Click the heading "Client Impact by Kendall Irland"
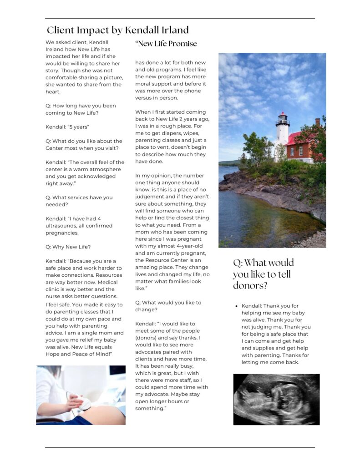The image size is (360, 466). pos(117,30)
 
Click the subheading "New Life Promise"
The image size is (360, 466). pos(166,44)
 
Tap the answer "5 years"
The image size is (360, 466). pos(67,127)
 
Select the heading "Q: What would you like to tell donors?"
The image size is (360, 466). pos(263,274)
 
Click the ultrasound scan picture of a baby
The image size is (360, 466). pos(276,399)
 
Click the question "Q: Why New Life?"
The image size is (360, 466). pos(68,247)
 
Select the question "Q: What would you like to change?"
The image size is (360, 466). pos(168,306)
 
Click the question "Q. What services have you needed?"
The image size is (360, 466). pos(78,201)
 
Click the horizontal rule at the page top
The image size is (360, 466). pos(180,19)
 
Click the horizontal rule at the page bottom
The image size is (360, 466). pos(180,447)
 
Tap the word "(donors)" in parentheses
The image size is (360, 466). pos(146,338)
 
